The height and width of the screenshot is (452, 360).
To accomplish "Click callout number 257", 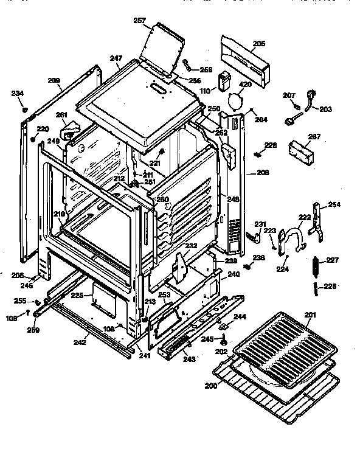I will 140,21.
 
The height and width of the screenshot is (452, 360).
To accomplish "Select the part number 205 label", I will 259,44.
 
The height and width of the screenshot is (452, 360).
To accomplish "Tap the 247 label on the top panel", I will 116,59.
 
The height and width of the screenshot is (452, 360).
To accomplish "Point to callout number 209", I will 55,81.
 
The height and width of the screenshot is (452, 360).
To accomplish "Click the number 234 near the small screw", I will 18,93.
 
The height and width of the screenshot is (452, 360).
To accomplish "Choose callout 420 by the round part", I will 245,85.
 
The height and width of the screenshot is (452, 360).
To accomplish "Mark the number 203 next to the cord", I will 326,110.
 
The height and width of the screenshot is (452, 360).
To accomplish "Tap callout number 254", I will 335,204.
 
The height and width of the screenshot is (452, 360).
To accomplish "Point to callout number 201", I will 311,314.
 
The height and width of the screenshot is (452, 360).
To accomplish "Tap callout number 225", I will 77,295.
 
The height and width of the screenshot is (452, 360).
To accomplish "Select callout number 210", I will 58,214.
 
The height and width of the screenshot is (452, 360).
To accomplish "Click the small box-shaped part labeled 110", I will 227,80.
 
